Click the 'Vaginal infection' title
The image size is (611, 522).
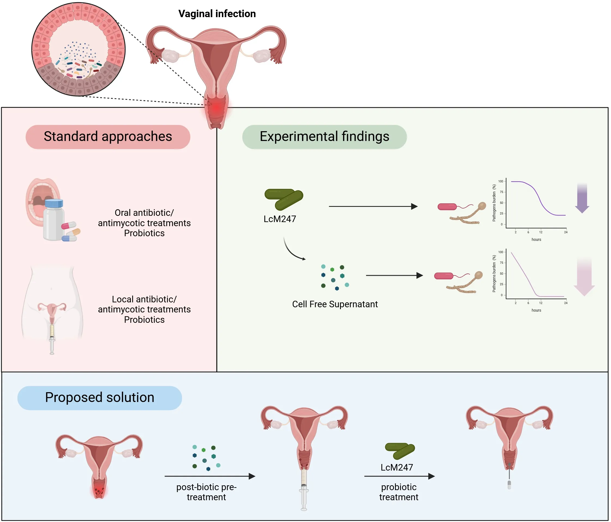tap(217, 14)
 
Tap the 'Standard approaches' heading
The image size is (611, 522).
tap(108, 137)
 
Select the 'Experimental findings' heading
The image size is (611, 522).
tap(324, 137)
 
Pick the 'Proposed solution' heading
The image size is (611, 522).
tap(99, 397)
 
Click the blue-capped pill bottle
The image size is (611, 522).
tap(54, 220)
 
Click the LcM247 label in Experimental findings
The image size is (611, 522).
tap(280, 219)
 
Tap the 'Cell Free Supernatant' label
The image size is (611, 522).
tap(335, 304)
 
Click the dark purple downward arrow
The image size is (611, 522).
tap(582, 198)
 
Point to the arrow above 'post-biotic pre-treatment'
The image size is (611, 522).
tap(210, 476)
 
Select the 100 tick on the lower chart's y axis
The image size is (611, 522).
tap(501, 252)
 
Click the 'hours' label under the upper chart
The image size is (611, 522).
tap(536, 239)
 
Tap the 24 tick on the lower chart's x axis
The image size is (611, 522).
tap(566, 303)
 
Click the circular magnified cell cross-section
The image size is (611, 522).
tap(78, 49)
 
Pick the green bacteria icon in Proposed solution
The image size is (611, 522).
tap(400, 451)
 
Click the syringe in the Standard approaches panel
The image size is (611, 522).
tap(52, 339)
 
